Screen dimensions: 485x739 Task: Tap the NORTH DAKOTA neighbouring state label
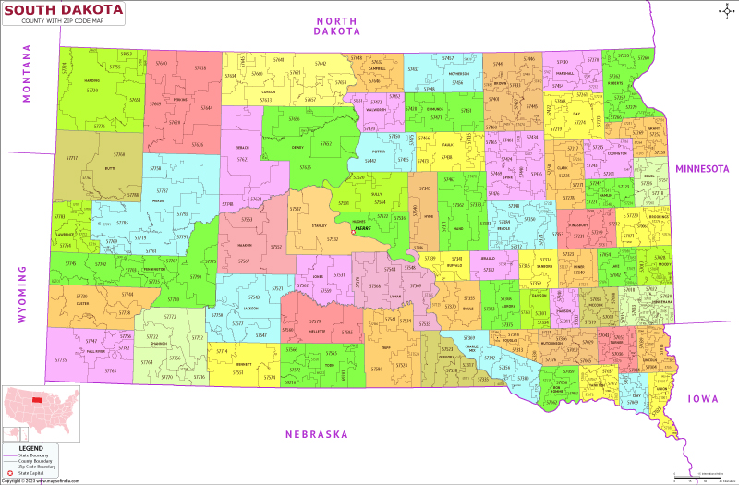pos(337,25)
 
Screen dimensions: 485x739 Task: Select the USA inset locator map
pos(38,410)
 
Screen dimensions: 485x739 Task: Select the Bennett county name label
pos(245,365)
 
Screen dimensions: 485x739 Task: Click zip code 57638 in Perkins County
pos(201,67)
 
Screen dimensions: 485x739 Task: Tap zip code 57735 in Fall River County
pos(61,359)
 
